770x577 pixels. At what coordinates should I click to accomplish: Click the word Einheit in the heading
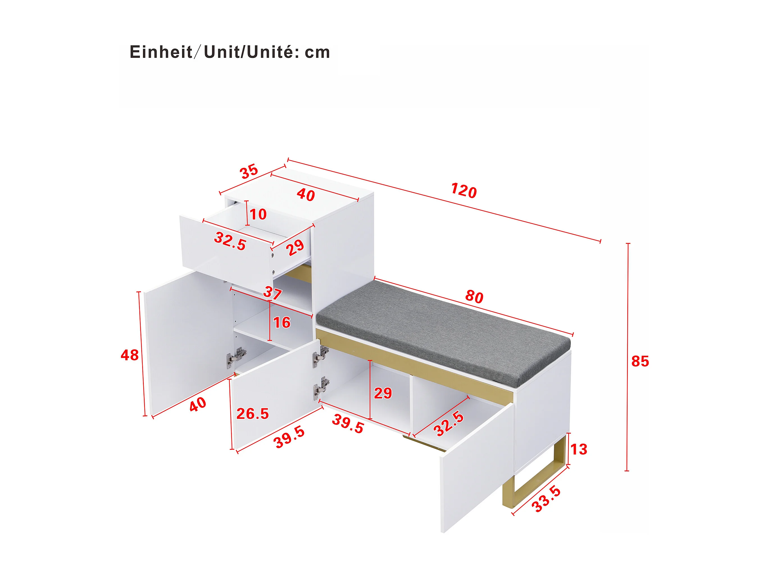pyautogui.click(x=161, y=52)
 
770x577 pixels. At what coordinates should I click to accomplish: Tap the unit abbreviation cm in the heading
pyautogui.click(x=317, y=53)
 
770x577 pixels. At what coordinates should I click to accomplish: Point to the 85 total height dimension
pyautogui.click(x=640, y=361)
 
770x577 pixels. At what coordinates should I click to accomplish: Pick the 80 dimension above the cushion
pyautogui.click(x=474, y=297)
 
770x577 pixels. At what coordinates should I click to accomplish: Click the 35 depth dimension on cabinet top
pyautogui.click(x=249, y=171)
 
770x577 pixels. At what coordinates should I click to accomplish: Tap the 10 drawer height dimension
pyautogui.click(x=258, y=214)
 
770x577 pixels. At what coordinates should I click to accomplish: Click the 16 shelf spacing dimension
pyautogui.click(x=281, y=323)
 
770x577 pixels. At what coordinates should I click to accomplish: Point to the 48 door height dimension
pyautogui.click(x=130, y=355)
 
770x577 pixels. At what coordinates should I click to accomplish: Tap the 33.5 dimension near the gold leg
pyautogui.click(x=546, y=499)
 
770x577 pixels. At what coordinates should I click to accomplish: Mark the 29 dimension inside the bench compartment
pyautogui.click(x=383, y=393)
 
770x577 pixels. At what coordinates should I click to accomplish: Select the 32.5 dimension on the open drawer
pyautogui.click(x=230, y=241)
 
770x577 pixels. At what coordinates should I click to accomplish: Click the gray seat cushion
pyautogui.click(x=444, y=330)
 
